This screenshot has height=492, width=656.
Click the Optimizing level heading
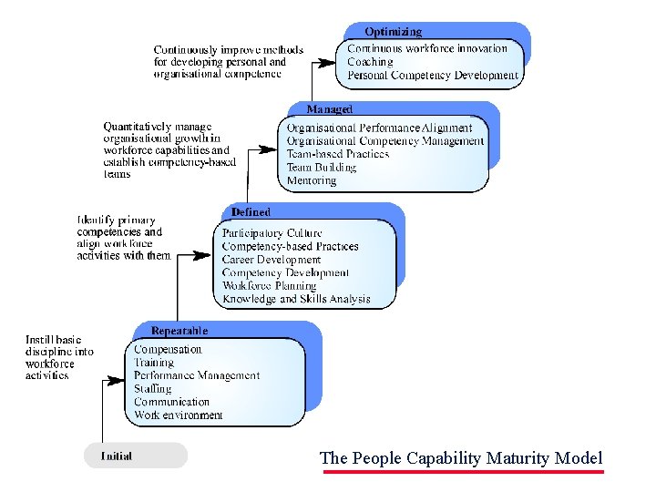pos(394,32)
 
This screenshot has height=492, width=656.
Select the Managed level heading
pos(329,109)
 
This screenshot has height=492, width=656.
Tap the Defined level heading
pos(251,211)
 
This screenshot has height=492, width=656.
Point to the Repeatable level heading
pos(179,331)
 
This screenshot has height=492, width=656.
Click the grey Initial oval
pos(135,456)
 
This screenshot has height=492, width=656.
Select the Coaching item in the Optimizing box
pos(370,62)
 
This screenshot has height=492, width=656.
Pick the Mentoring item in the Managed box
pos(312,180)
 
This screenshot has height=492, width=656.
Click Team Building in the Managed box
pos(322,168)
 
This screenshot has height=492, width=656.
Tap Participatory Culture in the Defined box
pos(272,233)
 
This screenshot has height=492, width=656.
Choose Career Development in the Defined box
pos(272,260)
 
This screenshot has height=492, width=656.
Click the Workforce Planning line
pos(270,285)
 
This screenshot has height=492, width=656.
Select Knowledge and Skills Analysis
pos(296,299)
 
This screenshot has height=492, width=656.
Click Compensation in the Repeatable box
pos(168,349)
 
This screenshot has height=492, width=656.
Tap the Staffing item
pos(152,388)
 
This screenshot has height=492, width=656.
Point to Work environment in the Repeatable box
pos(178,415)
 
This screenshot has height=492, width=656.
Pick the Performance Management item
pos(197,375)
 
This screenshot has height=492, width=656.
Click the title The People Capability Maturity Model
pos(461,458)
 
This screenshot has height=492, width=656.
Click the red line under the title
pos(463,472)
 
